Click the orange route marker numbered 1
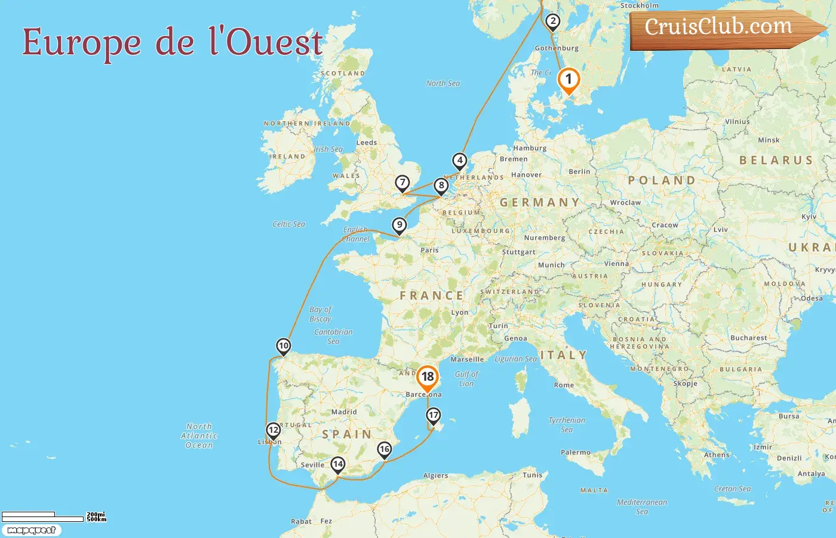coord(568,80)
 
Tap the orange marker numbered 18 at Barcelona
coord(428,377)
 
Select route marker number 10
coord(284,346)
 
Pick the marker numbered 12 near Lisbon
coord(273,430)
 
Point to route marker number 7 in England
coord(402,183)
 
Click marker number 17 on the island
coord(434,415)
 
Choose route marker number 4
coord(459,161)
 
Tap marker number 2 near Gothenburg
coord(553,22)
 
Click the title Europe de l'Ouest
coord(173,42)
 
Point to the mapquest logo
coord(31,530)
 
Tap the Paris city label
coord(429,250)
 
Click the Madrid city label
coord(344,412)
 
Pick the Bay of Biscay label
coord(321,314)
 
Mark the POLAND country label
coord(662,181)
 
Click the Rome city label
coord(564,386)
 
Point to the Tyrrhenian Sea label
coord(567,425)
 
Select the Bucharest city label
coord(749,338)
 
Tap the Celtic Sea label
coord(288,225)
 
